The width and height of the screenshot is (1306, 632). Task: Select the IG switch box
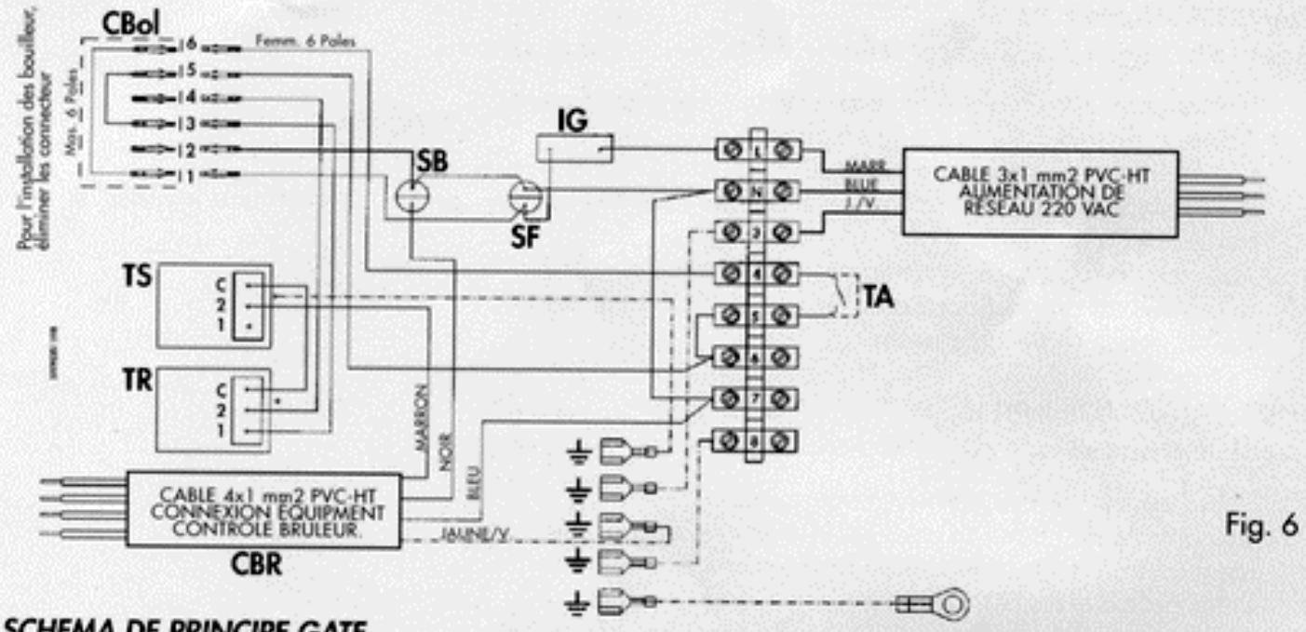575,148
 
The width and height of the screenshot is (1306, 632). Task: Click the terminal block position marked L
757,149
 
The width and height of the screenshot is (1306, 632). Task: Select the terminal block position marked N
757,191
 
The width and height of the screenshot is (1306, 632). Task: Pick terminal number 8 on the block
757,438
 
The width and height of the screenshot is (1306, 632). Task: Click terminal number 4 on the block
757,275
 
